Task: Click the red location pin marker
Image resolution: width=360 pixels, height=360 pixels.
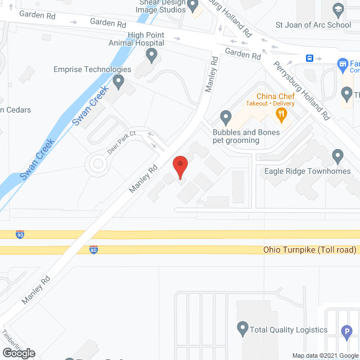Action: [x=180, y=167]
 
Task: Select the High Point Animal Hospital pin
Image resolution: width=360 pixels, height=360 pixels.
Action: [x=151, y=55]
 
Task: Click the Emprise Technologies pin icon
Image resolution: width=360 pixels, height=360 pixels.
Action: [x=118, y=82]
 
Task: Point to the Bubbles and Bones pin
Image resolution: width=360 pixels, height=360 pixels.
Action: [x=226, y=118]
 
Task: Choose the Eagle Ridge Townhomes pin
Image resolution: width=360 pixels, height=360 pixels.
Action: [x=337, y=156]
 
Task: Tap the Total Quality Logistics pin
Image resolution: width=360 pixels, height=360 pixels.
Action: [x=242, y=327]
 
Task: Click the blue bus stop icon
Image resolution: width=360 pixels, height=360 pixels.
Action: [x=309, y=58]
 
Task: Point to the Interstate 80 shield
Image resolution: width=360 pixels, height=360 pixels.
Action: [x=94, y=250]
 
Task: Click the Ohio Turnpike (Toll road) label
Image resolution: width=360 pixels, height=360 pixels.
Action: [x=310, y=250]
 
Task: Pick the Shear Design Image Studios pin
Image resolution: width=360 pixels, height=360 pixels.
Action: [x=193, y=7]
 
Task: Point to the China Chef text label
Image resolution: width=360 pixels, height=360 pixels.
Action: [x=276, y=96]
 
